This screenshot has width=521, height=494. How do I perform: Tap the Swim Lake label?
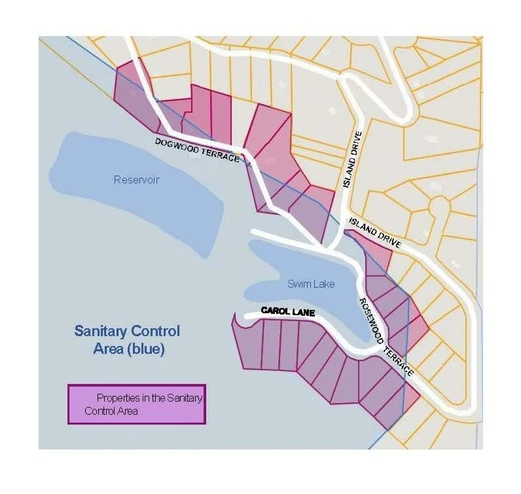click(311, 284)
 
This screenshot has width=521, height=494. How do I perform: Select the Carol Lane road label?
click(287, 313)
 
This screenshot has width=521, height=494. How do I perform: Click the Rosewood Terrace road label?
click(386, 336)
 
